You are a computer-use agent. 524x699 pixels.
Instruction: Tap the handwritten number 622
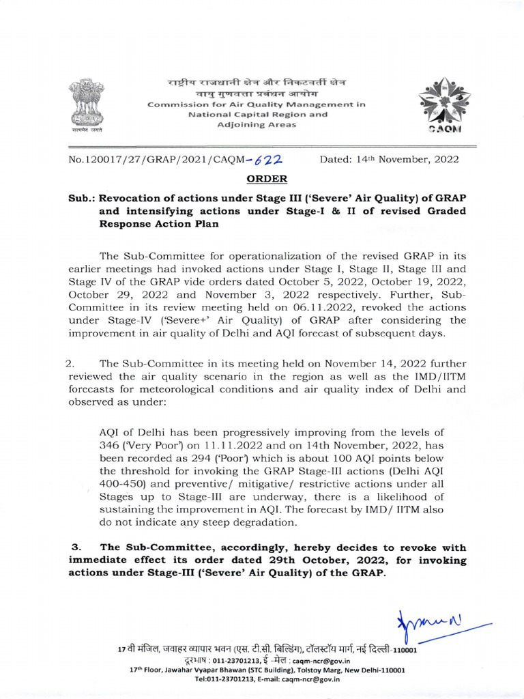point(269,160)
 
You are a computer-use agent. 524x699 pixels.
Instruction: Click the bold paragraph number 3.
point(76,547)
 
